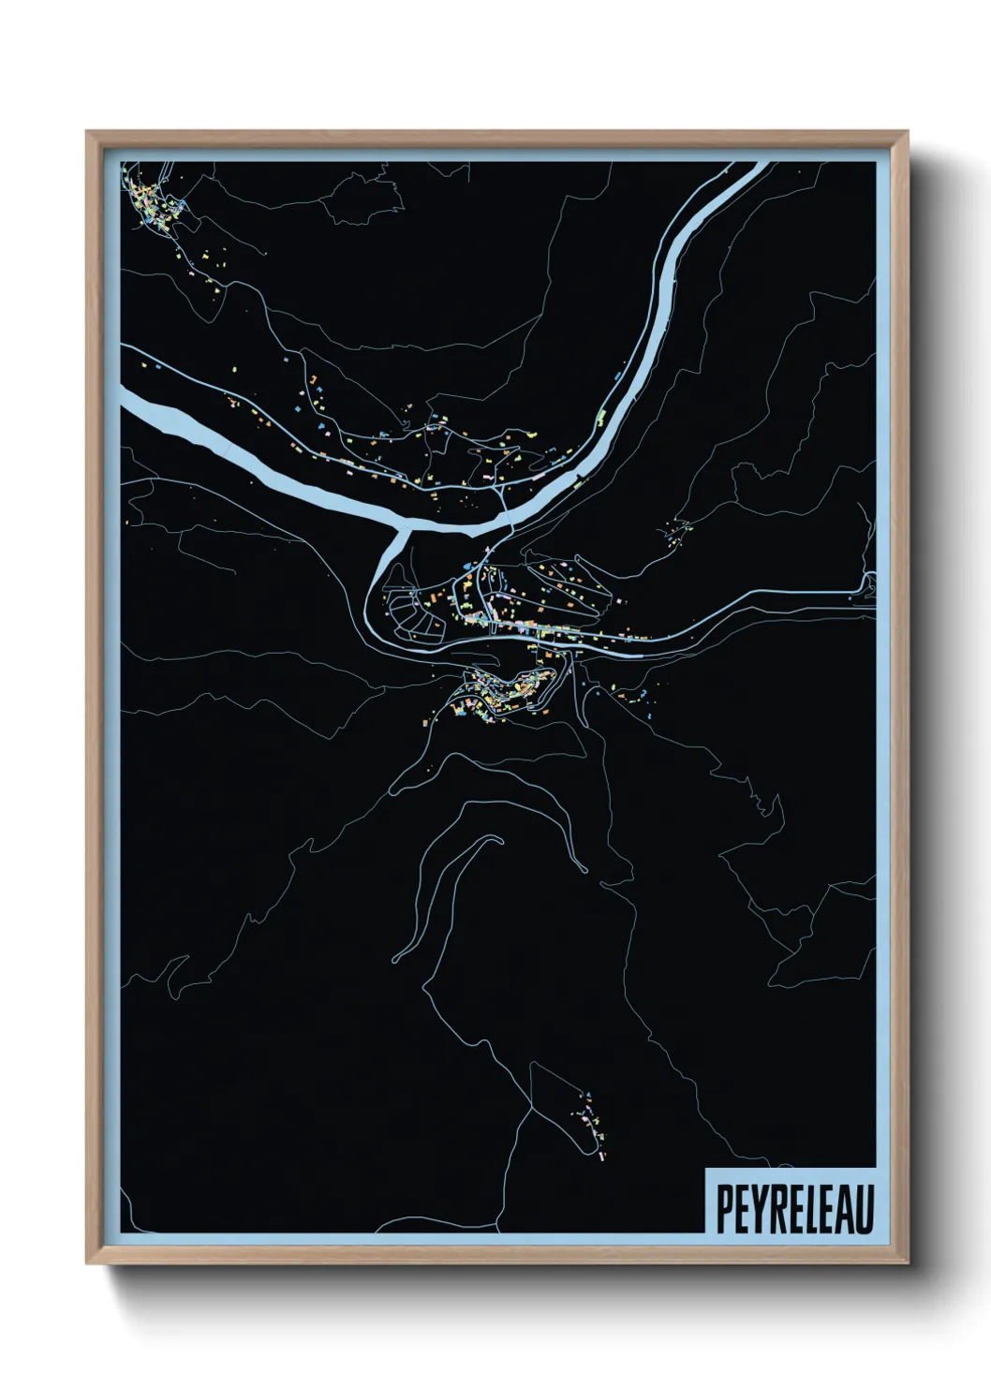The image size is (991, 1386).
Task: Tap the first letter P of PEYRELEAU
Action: pos(724,1209)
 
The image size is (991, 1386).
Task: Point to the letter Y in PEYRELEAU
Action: pos(758,1209)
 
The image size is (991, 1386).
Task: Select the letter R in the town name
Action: pos(776,1209)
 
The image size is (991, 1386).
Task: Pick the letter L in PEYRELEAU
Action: pos(809,1209)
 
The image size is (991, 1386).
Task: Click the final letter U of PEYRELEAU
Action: pos(865,1209)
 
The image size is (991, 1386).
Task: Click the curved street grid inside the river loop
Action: pos(412,613)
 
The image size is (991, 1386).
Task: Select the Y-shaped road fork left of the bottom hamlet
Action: pos(530,1105)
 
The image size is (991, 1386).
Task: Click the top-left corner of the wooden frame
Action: pos(87,132)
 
